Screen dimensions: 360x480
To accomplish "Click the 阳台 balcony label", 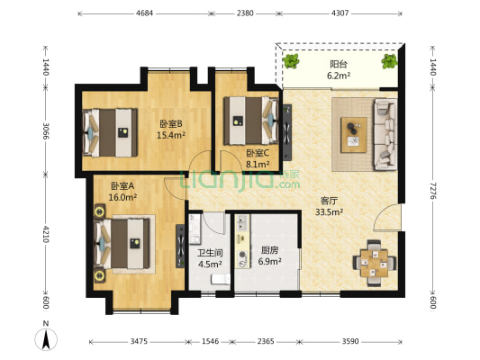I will click(x=339, y=64).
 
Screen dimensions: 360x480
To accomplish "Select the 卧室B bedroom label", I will click(x=171, y=123).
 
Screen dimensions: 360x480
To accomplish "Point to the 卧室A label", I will click(x=123, y=185).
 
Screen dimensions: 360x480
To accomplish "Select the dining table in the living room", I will click(x=373, y=263).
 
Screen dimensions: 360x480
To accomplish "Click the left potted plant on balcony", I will click(x=293, y=61).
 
